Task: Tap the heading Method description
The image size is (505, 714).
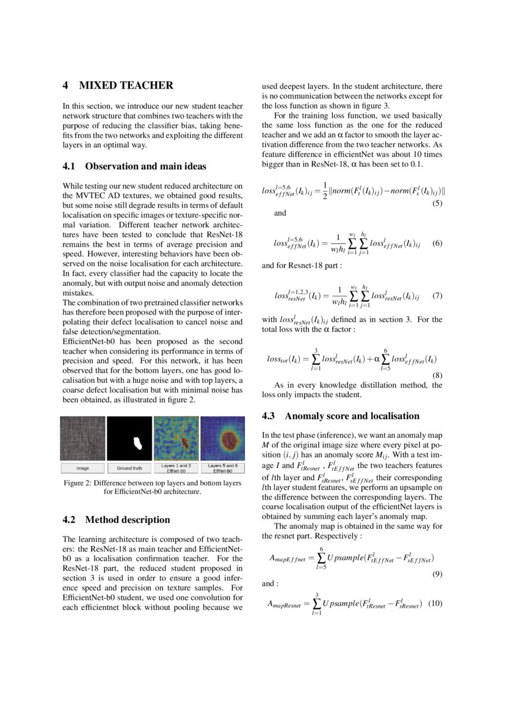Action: [x=128, y=520]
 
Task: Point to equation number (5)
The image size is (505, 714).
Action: [x=437, y=203]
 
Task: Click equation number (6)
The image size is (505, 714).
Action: [x=437, y=243]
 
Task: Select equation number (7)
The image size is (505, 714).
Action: [x=437, y=296]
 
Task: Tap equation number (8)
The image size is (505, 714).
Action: [x=437, y=374]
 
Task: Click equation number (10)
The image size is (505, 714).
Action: [x=435, y=603]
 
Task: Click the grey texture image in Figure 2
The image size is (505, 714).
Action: [x=82, y=438]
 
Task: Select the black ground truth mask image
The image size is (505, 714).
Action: [x=129, y=438]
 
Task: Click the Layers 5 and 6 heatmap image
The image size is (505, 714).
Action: [x=222, y=438]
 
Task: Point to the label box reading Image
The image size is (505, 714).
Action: [x=82, y=468]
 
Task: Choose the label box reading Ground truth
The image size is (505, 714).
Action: [x=129, y=468]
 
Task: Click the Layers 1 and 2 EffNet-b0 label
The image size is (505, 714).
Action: [x=176, y=468]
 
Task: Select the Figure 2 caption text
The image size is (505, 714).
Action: [x=152, y=487]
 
